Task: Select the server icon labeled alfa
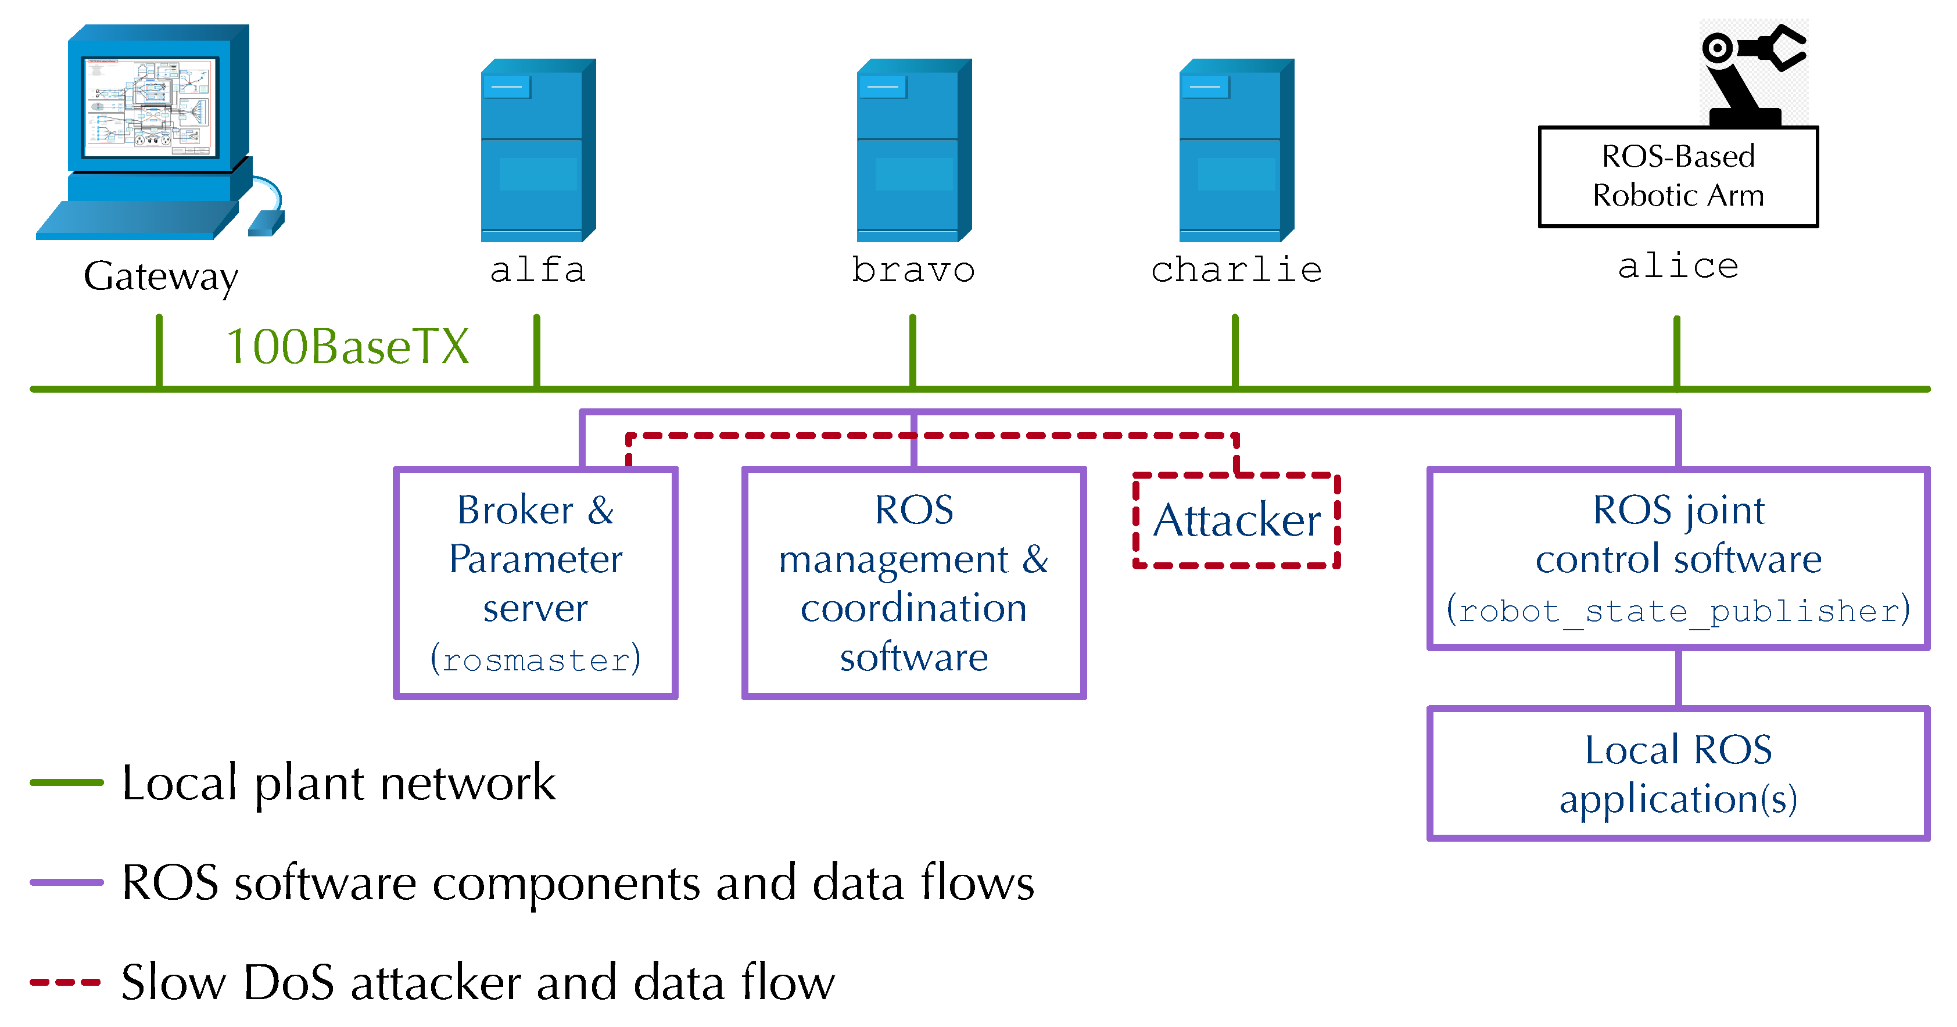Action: tap(537, 150)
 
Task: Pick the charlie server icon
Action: tap(1235, 150)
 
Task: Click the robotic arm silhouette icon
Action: tap(1751, 72)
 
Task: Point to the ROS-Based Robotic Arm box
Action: tap(1678, 176)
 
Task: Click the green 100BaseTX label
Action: tap(347, 347)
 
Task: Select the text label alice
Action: tap(1678, 266)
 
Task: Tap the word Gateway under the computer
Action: tap(160, 276)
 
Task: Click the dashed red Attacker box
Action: tap(1236, 521)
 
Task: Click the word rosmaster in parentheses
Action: tap(536, 660)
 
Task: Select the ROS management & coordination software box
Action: tap(913, 583)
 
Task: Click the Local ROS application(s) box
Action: tap(1678, 773)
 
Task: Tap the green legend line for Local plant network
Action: tap(66, 782)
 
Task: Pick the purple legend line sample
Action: tap(66, 882)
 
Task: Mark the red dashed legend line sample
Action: tap(66, 982)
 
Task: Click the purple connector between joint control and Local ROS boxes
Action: tap(1678, 678)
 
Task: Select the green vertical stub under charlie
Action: tap(1235, 351)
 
